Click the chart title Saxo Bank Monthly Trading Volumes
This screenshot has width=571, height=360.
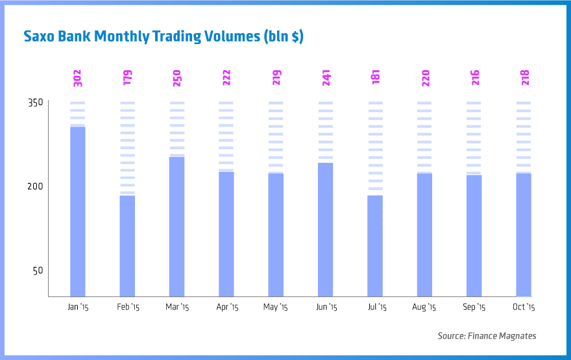click(163, 36)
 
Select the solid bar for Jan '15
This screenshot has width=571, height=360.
click(78, 211)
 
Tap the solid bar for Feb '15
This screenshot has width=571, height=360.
click(127, 246)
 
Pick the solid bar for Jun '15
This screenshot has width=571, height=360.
click(325, 229)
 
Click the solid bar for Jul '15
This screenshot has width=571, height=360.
click(375, 246)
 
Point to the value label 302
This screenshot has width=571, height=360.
click(77, 78)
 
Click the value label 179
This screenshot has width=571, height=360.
click(127, 78)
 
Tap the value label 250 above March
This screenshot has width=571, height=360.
click(176, 78)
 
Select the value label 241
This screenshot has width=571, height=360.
click(325, 78)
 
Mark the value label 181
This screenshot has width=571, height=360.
click(375, 78)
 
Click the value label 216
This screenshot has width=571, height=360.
click(474, 78)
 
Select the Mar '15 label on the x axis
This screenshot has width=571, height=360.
click(176, 307)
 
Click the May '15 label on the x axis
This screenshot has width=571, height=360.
click(275, 307)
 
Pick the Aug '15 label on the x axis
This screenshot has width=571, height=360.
click(424, 307)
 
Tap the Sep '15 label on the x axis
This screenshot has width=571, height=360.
click(474, 307)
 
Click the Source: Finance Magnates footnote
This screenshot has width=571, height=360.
click(487, 335)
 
